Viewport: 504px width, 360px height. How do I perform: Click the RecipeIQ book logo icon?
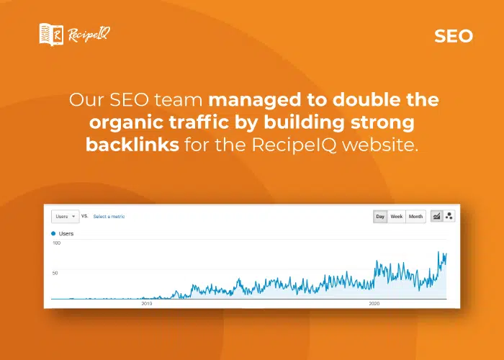point(51,35)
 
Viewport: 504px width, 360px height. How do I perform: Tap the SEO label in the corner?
point(454,36)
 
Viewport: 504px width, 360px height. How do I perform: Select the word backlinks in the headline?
point(132,145)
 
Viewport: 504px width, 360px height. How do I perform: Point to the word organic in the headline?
point(126,124)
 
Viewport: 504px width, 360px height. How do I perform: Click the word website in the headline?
point(380,145)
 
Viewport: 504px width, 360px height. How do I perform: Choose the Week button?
point(396,217)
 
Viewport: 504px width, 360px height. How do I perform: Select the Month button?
point(415,217)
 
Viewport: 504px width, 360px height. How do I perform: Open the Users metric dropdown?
point(66,217)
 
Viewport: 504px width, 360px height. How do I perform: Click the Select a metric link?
point(109,217)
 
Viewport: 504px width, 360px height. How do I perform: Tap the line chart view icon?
point(436,216)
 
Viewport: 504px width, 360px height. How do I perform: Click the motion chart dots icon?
point(449,216)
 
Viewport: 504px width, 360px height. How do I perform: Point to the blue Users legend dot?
point(53,234)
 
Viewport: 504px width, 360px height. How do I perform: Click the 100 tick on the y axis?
point(57,243)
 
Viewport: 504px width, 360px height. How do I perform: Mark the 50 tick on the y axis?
point(55,273)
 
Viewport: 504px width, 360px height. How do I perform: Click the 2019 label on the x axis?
point(147,303)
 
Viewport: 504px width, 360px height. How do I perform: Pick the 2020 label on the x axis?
point(374,303)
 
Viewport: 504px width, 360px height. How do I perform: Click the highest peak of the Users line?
point(438,252)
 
